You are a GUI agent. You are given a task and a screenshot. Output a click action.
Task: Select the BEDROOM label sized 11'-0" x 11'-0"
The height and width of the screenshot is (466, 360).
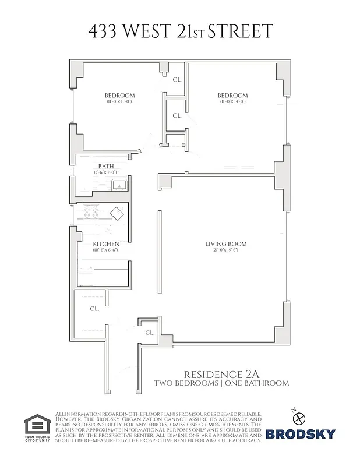[x=120, y=96]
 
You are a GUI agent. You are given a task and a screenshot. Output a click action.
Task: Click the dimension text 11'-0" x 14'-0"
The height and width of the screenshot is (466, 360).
[x=233, y=102]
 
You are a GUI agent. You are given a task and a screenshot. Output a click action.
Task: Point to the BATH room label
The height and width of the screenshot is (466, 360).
[x=106, y=166]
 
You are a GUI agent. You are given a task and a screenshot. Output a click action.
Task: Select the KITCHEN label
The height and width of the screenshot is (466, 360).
[x=106, y=244]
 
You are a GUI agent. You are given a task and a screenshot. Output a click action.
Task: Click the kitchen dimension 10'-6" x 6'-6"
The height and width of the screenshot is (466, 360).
[x=106, y=250]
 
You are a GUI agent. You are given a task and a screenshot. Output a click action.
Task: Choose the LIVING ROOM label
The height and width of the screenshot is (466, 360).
[x=225, y=244]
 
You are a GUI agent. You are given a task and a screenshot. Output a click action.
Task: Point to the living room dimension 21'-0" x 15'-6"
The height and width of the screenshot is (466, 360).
[x=225, y=250]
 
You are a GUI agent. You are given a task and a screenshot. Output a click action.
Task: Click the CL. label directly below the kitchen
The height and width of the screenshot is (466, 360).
[x=94, y=309]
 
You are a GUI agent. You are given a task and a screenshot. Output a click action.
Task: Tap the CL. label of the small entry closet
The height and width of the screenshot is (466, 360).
[x=150, y=333]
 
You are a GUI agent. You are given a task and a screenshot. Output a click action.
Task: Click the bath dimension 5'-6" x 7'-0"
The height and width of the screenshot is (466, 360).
[x=106, y=172]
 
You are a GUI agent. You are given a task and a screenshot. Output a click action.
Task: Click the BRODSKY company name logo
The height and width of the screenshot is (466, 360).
[x=301, y=433]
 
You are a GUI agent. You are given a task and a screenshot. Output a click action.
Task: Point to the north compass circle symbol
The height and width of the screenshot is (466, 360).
[x=300, y=418]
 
